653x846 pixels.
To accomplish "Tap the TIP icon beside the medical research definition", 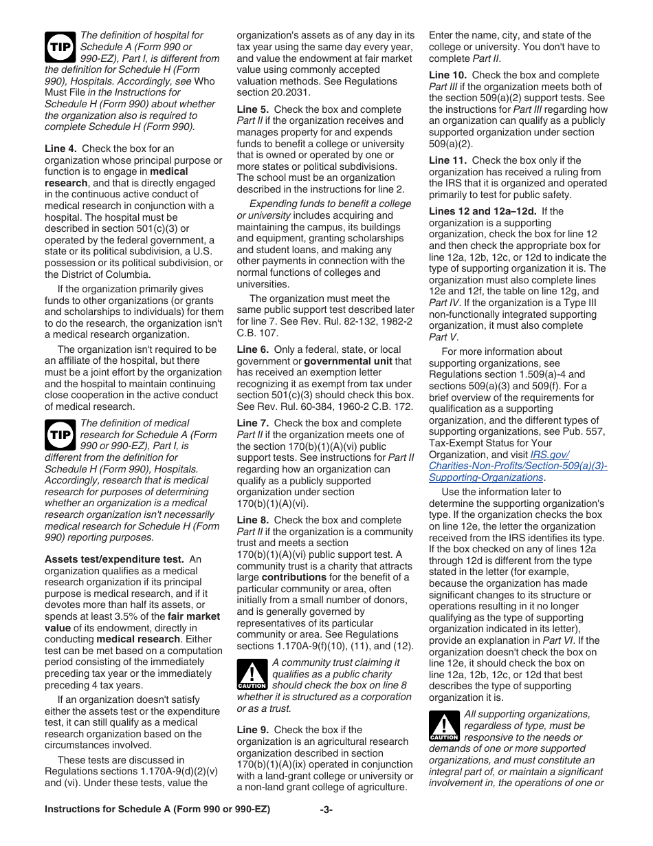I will [59, 434].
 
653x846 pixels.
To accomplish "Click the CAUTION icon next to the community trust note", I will [252, 674].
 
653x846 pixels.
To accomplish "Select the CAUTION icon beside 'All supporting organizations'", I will [443, 726].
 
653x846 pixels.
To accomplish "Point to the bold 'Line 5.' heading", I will [252, 109].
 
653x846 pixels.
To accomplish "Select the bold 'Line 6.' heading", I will [252, 349].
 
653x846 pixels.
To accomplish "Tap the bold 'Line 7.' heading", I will [252, 423].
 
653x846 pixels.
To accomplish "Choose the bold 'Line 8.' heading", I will [252, 520].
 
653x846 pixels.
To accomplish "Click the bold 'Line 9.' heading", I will [252, 730].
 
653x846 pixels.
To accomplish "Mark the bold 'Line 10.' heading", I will [447, 75].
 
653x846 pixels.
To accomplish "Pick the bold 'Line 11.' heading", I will [447, 160].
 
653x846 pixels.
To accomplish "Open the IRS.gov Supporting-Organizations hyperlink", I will [518, 466].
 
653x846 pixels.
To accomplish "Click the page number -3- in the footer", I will [326, 810].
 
